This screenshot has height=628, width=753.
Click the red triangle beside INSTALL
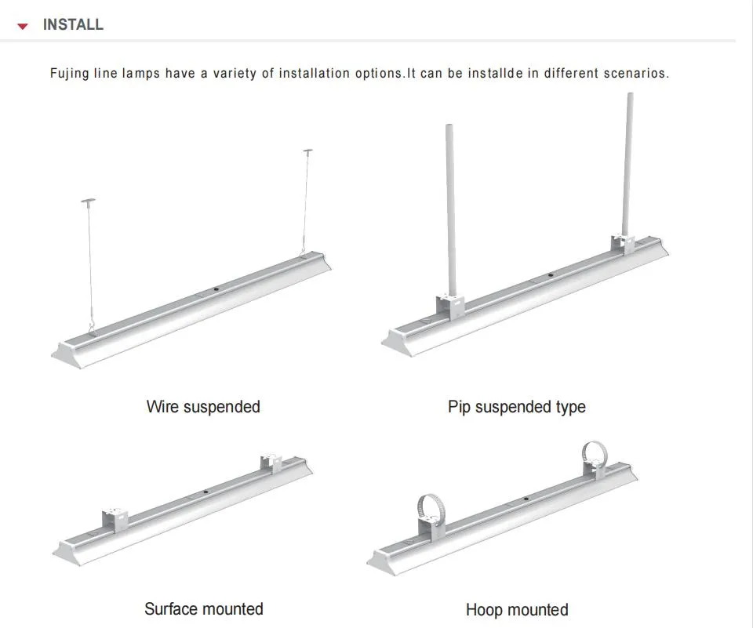23,26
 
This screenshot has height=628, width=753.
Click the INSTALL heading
73,24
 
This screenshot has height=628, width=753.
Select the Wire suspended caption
203,407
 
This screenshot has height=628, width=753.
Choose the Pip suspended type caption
517,407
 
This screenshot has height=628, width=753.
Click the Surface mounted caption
204,609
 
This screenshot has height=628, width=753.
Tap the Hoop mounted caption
517,610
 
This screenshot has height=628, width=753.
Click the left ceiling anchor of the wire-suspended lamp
89,200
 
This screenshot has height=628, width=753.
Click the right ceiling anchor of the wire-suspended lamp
307,151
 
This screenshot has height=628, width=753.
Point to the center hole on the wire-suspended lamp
216,289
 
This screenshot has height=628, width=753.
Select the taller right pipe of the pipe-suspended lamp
627,164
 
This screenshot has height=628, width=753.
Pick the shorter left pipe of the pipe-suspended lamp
450,210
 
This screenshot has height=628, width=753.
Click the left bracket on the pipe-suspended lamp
450,308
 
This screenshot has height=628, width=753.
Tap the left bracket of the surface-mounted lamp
115,520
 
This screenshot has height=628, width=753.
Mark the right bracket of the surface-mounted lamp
271,463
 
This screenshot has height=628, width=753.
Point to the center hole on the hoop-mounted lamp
526,499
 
